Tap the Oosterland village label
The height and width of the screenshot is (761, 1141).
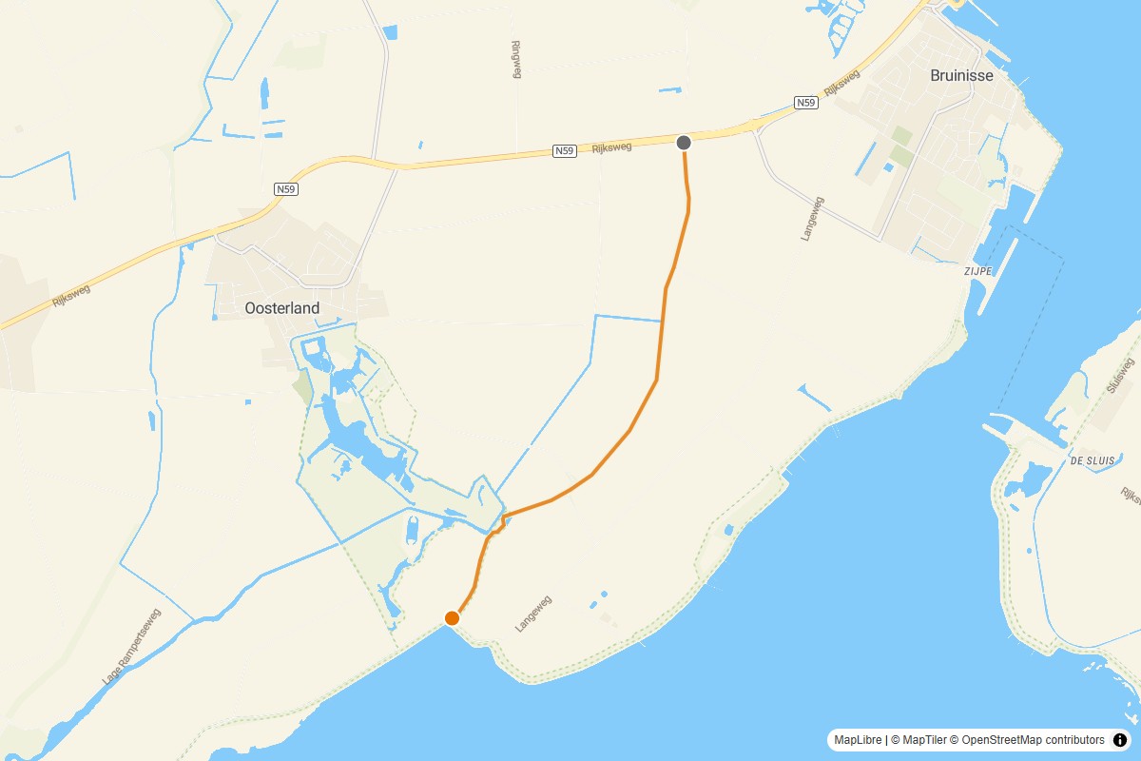coord(282,308)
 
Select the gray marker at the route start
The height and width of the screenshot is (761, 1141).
coord(684,143)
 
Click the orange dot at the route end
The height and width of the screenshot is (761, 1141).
coord(453,618)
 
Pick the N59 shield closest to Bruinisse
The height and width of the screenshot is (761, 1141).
coord(806,102)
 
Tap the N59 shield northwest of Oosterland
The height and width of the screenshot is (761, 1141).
coord(287,189)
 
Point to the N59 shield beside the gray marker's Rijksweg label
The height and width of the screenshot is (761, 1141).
coord(565,151)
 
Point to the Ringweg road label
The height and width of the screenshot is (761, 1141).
coord(516,59)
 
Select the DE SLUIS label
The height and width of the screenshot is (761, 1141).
coord(1091,460)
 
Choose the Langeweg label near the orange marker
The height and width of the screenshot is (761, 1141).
coord(533,614)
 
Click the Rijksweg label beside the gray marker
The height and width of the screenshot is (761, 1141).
coord(611,147)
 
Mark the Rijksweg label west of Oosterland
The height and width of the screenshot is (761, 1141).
coord(71,295)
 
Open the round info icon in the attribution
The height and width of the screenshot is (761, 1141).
coord(1119,739)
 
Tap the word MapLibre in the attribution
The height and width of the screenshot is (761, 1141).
coord(858,739)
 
